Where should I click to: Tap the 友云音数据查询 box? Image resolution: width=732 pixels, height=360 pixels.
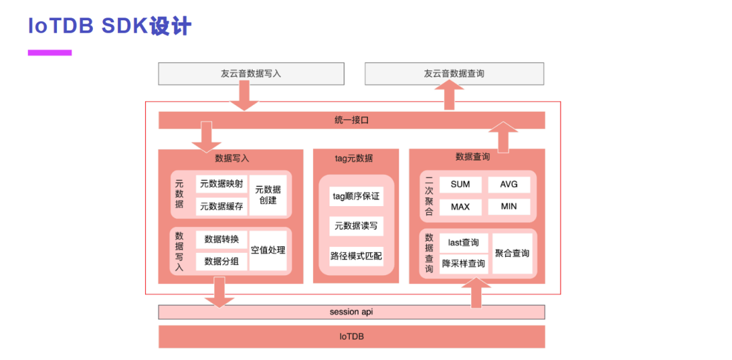(x=454, y=74)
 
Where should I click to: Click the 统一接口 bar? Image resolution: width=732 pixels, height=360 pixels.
(x=352, y=120)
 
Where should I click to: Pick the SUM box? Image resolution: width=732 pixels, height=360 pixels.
(x=460, y=184)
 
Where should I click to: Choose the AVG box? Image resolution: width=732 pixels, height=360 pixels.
(x=509, y=184)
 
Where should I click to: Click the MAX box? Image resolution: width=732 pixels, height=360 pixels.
(x=460, y=206)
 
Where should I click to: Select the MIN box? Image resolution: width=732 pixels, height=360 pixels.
(x=509, y=206)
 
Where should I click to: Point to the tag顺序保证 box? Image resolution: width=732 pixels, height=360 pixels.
(x=356, y=197)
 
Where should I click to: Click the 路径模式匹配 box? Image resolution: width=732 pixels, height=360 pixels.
(x=356, y=256)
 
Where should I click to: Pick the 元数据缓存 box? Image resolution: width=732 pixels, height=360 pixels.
(x=221, y=206)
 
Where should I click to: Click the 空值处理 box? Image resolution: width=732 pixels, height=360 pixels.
(x=268, y=250)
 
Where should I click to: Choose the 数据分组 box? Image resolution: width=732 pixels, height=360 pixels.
(x=221, y=261)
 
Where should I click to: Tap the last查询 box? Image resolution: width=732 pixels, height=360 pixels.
(x=464, y=242)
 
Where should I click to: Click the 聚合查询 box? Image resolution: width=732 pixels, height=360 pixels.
(x=512, y=253)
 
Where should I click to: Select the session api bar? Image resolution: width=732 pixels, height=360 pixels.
(x=352, y=312)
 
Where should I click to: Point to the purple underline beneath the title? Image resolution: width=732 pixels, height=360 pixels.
(x=49, y=52)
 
